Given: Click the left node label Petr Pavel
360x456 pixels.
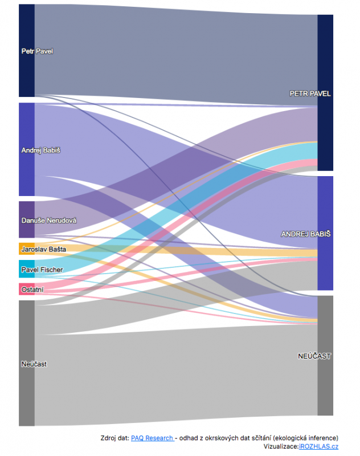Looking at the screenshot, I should tap(37, 51).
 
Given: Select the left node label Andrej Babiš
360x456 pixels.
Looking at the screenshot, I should tap(40, 150).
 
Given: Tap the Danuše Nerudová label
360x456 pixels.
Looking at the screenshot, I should tap(48, 221).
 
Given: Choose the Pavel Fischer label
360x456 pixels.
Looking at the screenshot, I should tap(42, 270).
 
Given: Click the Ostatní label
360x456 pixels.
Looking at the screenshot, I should tap(32, 290).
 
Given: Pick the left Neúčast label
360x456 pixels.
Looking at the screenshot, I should tap(34, 364).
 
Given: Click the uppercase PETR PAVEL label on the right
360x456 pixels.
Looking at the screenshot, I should tap(310, 93).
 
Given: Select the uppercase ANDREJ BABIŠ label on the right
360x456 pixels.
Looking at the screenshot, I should tap(306, 234).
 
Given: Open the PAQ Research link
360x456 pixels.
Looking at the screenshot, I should tap(152, 438).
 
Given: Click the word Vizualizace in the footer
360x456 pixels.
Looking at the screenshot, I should tap(280, 446).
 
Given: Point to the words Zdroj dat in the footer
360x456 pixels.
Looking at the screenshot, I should tap(114, 438).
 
